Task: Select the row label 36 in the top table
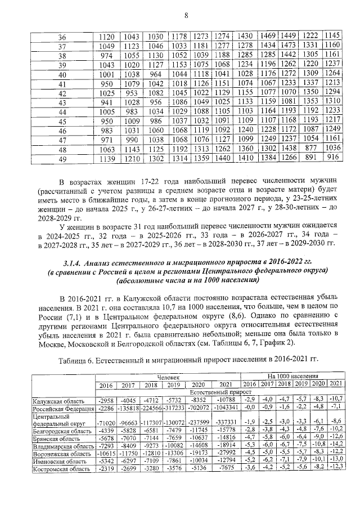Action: tap(62, 36)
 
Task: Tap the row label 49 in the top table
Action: tap(62, 160)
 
